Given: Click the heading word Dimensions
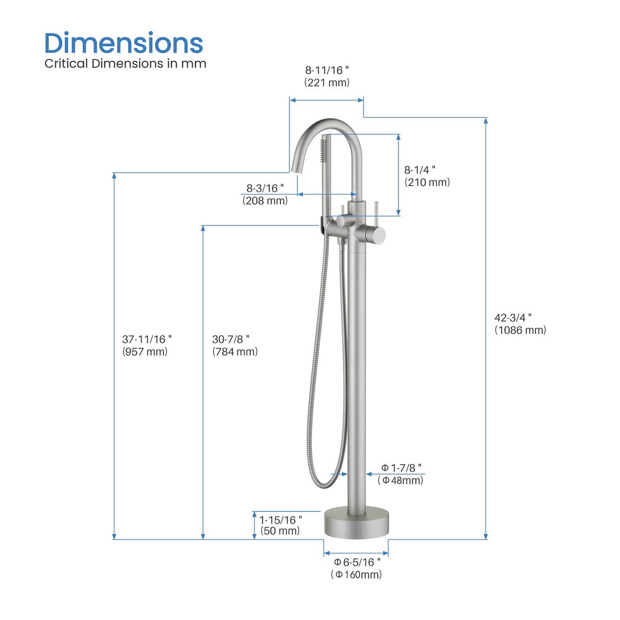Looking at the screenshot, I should click(x=124, y=43).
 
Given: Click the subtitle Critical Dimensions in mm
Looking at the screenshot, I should click(x=125, y=64).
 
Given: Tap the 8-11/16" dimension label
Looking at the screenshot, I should click(x=327, y=70).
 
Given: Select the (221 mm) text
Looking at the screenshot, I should click(x=327, y=82).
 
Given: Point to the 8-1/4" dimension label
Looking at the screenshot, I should click(x=420, y=170).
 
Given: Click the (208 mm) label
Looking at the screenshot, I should click(x=265, y=200).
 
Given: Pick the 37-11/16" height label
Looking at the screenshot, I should click(x=147, y=339).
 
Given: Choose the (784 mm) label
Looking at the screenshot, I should click(x=235, y=352).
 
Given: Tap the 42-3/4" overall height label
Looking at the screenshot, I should click(x=513, y=318).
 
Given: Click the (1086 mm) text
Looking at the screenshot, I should click(x=520, y=330).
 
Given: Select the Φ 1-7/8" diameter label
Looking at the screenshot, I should click(x=401, y=468).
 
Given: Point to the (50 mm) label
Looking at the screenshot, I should click(x=280, y=531).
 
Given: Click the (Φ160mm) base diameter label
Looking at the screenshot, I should click(x=356, y=575).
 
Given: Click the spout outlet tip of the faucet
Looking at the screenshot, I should click(x=295, y=170).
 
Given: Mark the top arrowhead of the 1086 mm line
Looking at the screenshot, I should click(x=486, y=121).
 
